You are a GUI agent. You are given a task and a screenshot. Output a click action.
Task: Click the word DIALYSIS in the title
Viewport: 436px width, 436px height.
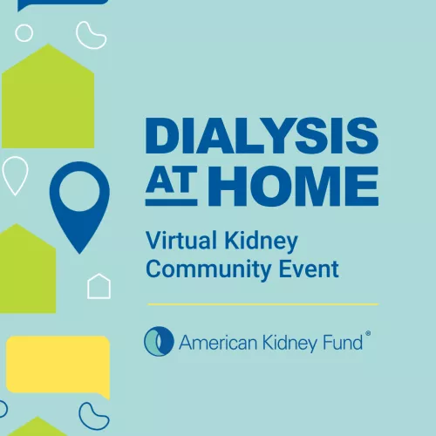tap(262, 137)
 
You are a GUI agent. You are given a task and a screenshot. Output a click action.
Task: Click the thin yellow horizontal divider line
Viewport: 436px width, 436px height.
tap(262, 304)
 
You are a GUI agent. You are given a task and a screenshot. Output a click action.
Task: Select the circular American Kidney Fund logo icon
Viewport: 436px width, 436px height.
tap(159, 341)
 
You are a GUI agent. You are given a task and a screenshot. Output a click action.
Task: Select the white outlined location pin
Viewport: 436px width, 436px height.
tap(15, 174)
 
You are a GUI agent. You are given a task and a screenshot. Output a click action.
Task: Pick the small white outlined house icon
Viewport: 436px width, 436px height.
tap(99, 285)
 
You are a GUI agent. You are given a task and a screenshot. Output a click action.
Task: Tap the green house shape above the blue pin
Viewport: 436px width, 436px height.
tap(48, 96)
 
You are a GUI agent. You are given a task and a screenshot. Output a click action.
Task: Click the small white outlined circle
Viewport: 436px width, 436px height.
tap(24, 33)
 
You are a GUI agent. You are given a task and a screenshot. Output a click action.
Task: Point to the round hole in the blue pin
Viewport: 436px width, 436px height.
tap(79, 189)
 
